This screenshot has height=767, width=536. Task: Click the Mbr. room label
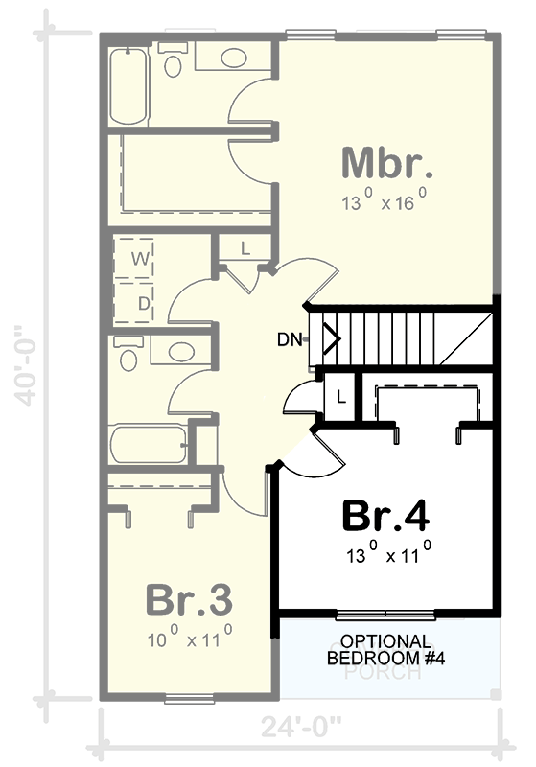[387, 164]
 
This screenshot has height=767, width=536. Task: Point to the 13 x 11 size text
[386, 554]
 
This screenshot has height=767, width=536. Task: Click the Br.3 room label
[189, 600]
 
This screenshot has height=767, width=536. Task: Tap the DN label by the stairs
[291, 338]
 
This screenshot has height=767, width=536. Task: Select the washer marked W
[137, 257]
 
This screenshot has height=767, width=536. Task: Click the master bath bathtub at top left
[127, 84]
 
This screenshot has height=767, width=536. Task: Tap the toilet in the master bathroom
[174, 61]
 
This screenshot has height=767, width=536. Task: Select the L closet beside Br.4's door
[340, 393]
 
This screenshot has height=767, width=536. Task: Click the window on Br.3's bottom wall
[189, 697]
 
